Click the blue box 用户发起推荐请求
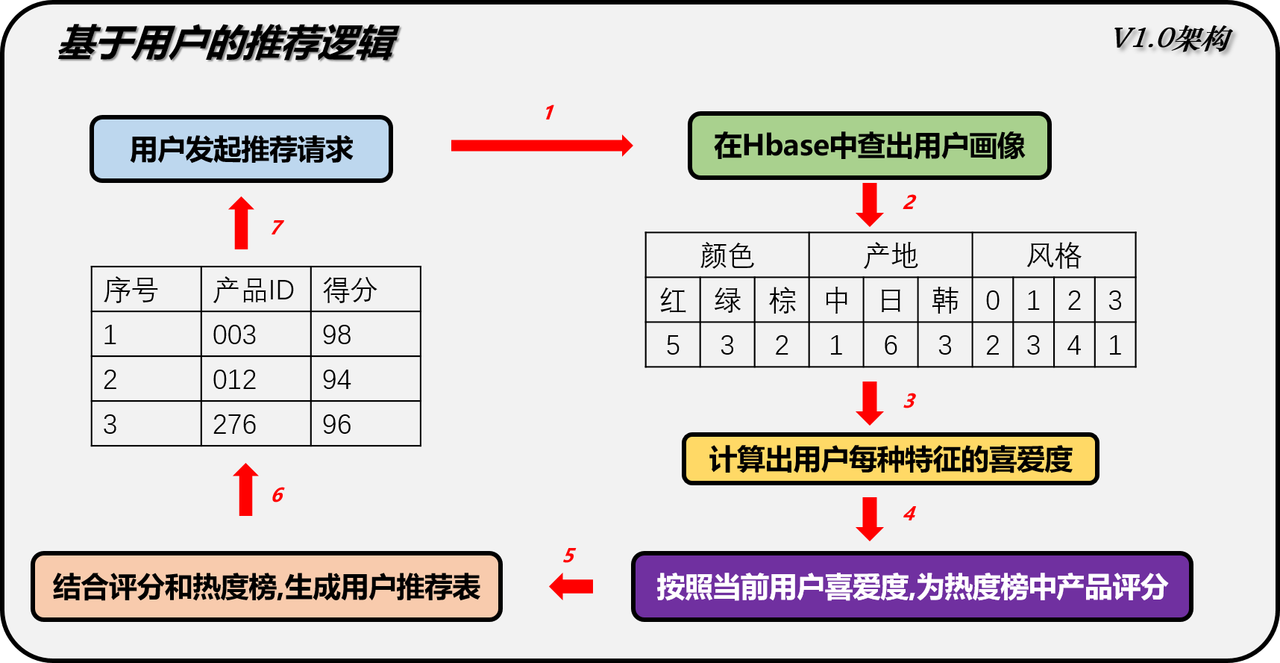point(241,149)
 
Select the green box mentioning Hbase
point(869,146)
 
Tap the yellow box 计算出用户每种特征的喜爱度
point(890,459)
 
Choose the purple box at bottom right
point(912,587)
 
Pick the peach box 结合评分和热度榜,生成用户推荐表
point(266,587)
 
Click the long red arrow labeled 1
point(542,145)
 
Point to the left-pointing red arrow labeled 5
point(571,587)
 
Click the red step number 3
point(909,401)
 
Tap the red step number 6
point(277,495)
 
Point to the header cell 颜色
point(727,255)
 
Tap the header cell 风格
point(1053,255)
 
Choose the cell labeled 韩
point(945,300)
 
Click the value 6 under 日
point(891,345)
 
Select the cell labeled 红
point(673,300)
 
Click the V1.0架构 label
point(1171,38)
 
